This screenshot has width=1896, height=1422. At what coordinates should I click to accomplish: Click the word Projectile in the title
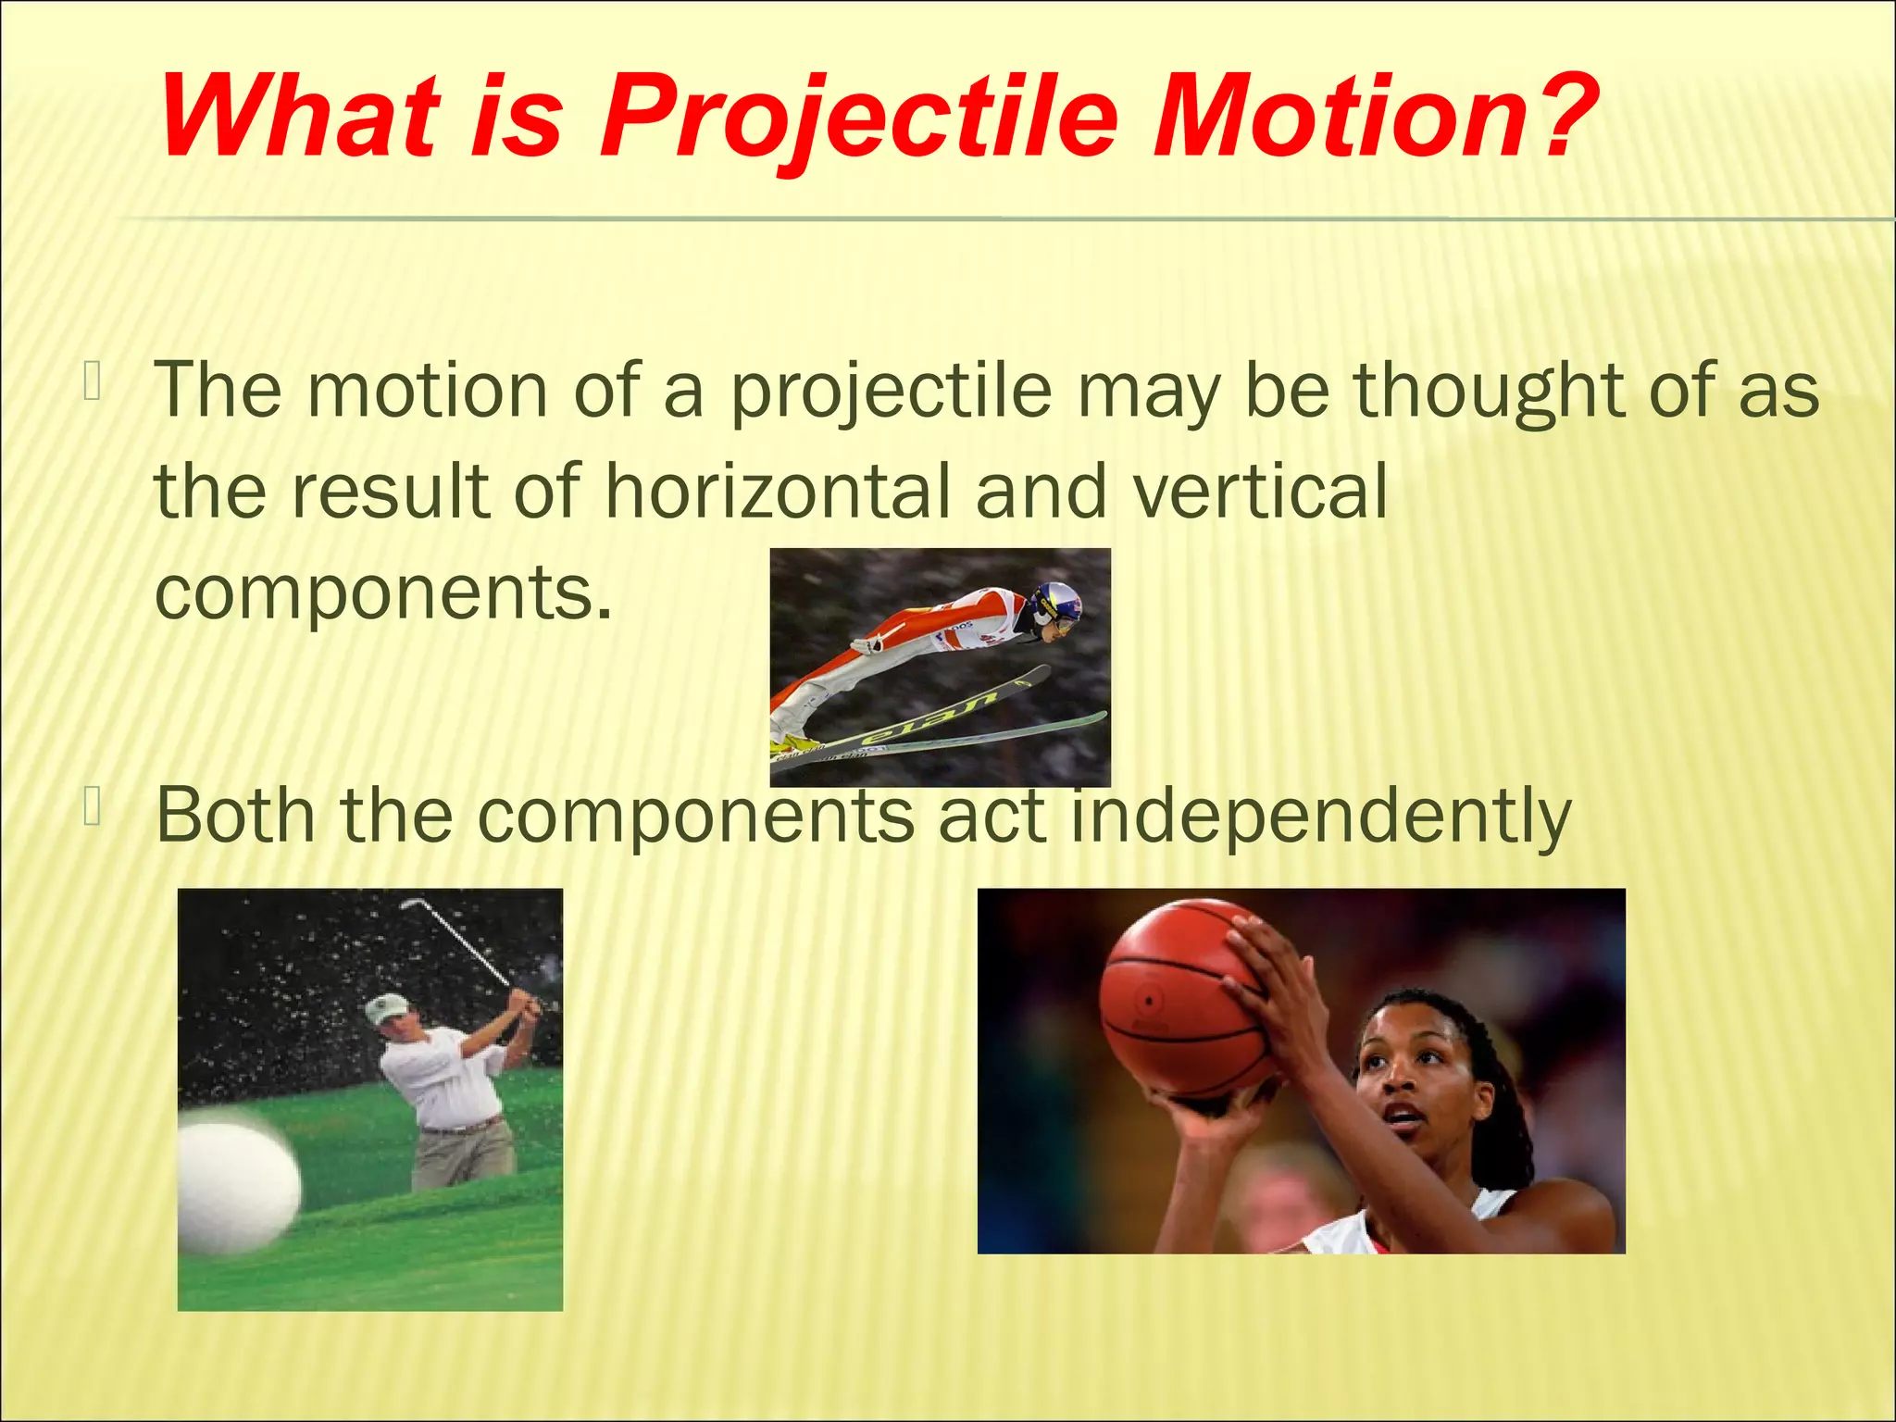coord(856,118)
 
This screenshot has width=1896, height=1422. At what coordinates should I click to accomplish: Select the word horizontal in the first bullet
coord(778,491)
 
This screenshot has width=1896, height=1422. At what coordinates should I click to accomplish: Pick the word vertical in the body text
coord(1260,491)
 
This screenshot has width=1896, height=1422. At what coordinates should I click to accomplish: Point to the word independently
coord(1321,815)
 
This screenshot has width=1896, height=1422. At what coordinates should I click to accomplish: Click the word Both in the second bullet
coord(235,815)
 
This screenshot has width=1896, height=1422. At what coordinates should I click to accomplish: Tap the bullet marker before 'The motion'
coord(92,382)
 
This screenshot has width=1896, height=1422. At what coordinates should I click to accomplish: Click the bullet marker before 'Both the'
coord(92,806)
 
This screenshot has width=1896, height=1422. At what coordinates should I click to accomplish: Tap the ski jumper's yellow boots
coord(794,742)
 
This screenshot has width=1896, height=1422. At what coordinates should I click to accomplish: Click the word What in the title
coord(299,118)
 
